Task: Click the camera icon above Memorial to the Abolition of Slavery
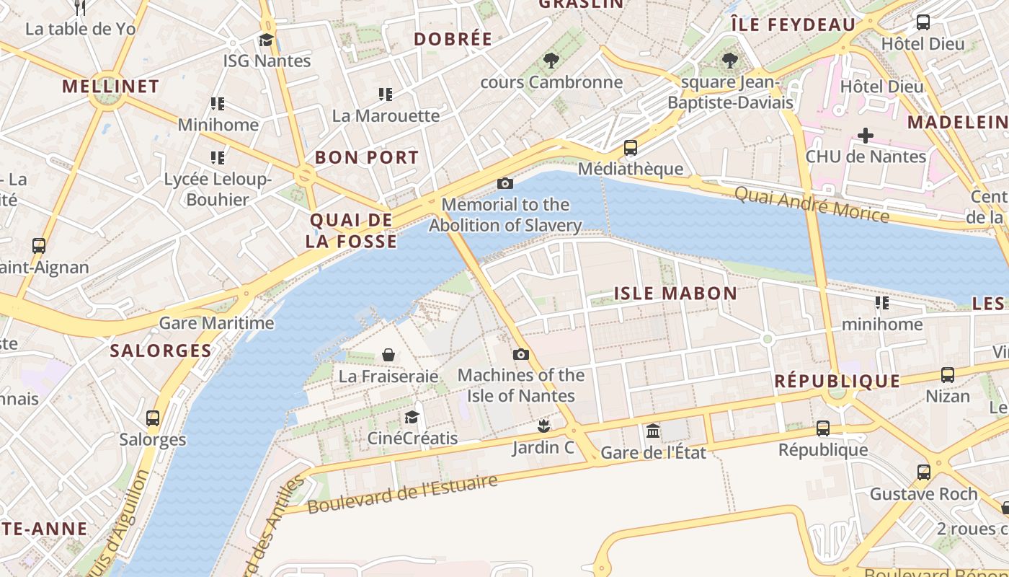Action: pos(505,183)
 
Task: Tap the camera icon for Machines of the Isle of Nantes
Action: pos(520,354)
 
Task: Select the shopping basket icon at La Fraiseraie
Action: pos(388,355)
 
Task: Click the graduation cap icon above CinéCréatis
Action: pos(412,417)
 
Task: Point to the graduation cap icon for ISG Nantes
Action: pos(266,40)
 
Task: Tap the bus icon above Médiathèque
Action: pos(630,148)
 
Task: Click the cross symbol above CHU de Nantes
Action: pos(865,135)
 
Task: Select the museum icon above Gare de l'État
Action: pos(653,431)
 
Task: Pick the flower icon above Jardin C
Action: pos(543,426)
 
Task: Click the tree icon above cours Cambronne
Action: pos(551,61)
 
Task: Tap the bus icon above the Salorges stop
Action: pos(152,418)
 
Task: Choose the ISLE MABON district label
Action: pos(675,294)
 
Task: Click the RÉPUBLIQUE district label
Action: pos(837,382)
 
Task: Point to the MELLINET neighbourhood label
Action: pos(110,87)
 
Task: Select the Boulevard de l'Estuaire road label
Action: pos(402,494)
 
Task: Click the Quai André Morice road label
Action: pos(812,204)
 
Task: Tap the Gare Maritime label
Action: pos(216,323)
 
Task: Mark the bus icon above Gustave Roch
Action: pos(923,472)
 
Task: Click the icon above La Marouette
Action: pos(386,94)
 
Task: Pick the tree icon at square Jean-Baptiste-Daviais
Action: pos(730,61)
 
